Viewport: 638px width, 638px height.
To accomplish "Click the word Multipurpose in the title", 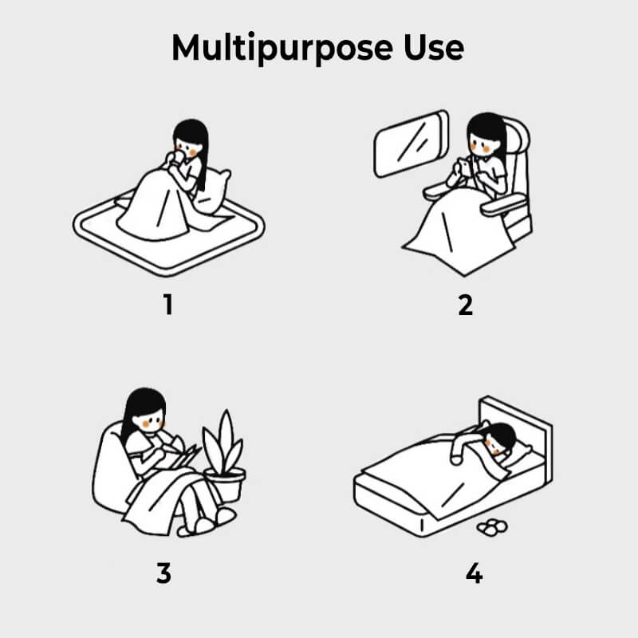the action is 282,49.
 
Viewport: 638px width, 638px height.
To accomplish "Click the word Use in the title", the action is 434,48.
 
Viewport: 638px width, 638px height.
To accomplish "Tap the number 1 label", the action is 168,305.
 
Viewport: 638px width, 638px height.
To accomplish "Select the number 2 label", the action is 466,305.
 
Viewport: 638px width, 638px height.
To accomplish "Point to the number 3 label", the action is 163,573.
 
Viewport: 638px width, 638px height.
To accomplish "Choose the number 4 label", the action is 474,573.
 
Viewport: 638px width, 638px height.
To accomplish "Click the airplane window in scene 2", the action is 411,144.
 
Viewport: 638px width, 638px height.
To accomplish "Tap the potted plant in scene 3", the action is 224,455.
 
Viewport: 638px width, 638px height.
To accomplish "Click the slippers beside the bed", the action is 492,527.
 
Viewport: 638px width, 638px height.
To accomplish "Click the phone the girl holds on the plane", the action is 465,167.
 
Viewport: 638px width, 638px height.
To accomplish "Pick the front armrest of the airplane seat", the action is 504,204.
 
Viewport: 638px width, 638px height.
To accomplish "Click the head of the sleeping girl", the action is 501,439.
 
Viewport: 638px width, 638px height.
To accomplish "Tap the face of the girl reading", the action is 148,421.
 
